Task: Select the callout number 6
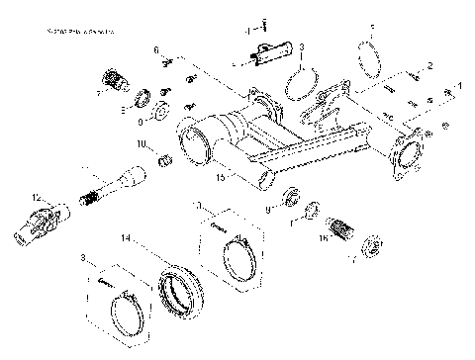(x=156, y=49)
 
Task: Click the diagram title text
(x=79, y=33)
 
